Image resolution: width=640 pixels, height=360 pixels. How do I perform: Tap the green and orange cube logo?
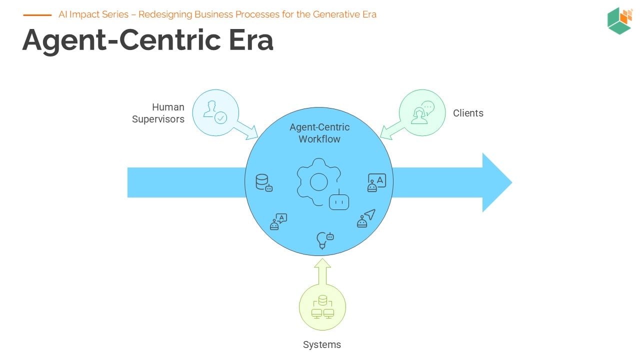coord(619,21)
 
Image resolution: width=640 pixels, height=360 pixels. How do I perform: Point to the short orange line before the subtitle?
coord(37,15)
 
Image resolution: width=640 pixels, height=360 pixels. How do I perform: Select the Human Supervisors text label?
coord(158,113)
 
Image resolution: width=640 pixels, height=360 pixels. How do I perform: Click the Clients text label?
coord(468,113)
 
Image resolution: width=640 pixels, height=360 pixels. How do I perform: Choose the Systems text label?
coord(322,344)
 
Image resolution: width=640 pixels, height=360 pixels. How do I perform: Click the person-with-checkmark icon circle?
coord(215,112)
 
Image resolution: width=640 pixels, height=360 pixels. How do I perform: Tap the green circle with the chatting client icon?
coord(422,112)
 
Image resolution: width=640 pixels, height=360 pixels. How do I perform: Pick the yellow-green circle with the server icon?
coord(322,307)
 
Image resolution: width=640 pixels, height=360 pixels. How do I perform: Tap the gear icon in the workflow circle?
coord(318,182)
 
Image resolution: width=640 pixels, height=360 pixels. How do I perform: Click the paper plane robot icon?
coord(366,218)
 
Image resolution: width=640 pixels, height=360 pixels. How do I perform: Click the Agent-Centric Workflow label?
coord(319,133)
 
